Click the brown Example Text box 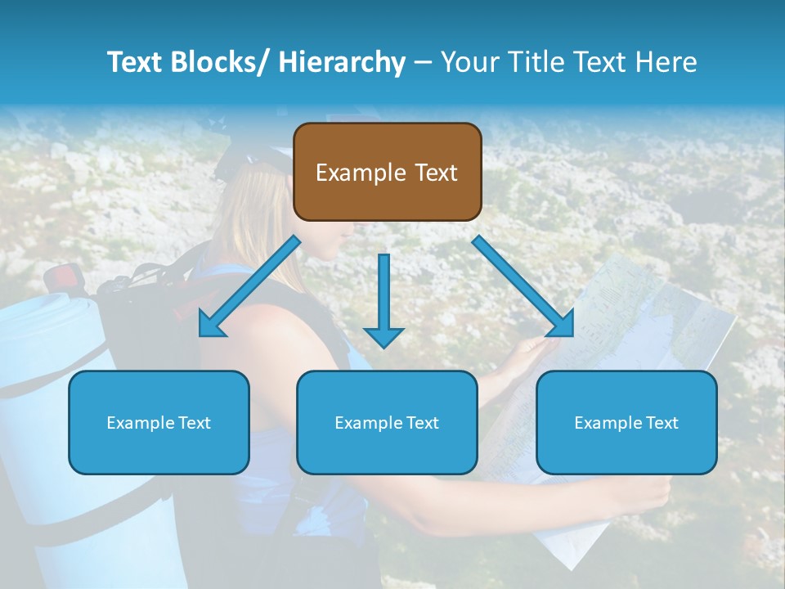point(387,172)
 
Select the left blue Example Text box point(159,422)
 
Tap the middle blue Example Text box point(387,422)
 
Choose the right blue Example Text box point(626,422)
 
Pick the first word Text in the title point(134,62)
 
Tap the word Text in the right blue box point(662,422)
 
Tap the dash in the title point(423,62)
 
